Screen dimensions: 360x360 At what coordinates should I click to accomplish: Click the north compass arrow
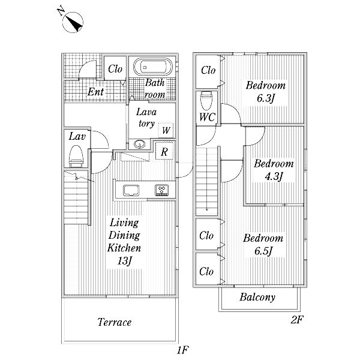[x=74, y=22]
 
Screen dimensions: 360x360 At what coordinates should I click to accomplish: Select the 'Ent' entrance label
[x=95, y=92]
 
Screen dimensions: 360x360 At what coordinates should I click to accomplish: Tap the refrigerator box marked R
[x=164, y=152]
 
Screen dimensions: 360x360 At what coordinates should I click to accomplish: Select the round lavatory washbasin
[x=139, y=144]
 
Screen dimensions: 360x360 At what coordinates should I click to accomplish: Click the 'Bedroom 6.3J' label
[x=265, y=92]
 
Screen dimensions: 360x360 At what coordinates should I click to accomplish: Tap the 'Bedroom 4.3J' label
[x=273, y=170]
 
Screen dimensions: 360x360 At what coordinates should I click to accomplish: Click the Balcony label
[x=257, y=297]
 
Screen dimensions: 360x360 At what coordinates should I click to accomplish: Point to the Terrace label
[x=114, y=322]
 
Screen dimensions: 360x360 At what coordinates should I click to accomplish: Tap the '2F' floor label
[x=297, y=320]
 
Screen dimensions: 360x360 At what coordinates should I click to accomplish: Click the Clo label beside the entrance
[x=115, y=69]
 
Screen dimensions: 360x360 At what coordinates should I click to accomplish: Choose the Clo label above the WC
[x=208, y=70]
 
